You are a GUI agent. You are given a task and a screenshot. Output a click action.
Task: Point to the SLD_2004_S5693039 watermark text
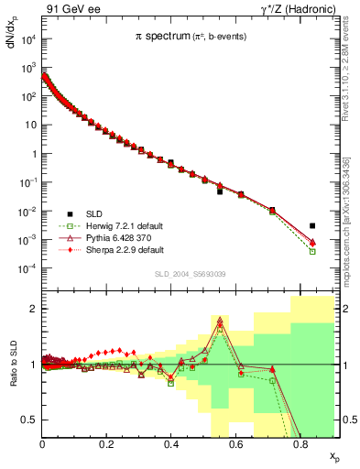(189, 273)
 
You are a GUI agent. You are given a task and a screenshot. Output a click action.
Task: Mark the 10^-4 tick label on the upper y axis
(27, 267)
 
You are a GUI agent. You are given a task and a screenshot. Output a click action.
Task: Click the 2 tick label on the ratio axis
(33, 309)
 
